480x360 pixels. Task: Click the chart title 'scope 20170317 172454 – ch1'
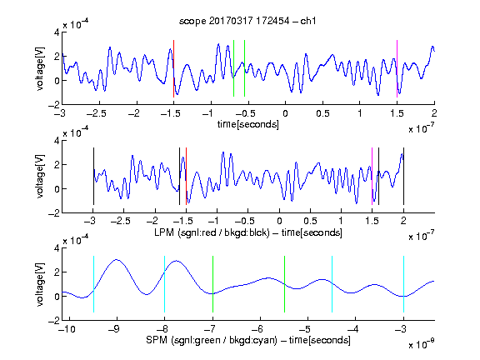coord(247,21)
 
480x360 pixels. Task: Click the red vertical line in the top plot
coord(173,68)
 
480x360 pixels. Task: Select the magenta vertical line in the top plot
coord(397,68)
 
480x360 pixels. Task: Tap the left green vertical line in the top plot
coord(233,68)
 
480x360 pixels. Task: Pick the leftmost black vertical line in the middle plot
coord(93,177)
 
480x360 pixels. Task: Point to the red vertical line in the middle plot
coord(186,177)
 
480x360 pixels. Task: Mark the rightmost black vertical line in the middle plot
coord(403,177)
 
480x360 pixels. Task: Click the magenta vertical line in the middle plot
coord(372,177)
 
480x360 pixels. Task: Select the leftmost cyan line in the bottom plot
coord(93,284)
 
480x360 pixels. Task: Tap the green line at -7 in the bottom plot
coord(212,284)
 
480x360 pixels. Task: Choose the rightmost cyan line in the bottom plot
coord(403,284)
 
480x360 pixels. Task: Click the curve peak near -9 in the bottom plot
coord(117,260)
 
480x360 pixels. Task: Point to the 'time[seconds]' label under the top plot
coord(248,125)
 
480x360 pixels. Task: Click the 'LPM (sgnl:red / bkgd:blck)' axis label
coord(212,232)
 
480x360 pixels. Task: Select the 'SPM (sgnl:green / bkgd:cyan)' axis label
coord(212,340)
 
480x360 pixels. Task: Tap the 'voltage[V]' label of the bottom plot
coord(40,284)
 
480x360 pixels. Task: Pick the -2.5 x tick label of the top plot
coord(97,113)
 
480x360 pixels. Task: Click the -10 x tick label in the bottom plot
coord(67,329)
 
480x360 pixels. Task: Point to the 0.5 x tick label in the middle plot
coord(310,221)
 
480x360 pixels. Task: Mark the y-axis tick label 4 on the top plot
coord(57,32)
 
